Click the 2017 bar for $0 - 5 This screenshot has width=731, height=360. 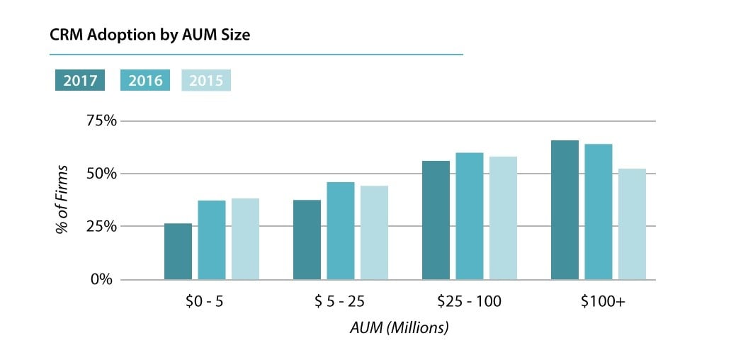click(178, 252)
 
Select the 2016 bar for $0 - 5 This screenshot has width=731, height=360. click(212, 240)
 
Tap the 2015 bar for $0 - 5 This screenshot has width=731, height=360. click(245, 239)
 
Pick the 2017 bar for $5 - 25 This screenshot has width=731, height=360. click(307, 240)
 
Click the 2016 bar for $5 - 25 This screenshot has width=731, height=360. click(341, 231)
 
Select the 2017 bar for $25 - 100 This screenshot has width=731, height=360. click(436, 220)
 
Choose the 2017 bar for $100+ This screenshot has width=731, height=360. click(565, 210)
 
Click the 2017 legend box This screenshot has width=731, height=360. click(80, 81)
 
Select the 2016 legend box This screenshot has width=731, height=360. click(145, 81)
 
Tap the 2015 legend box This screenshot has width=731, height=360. click(206, 81)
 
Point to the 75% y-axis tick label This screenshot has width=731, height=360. click(99, 120)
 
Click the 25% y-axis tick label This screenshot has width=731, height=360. click(99, 226)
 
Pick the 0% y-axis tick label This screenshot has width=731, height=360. click(103, 279)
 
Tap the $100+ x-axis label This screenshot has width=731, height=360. click(603, 302)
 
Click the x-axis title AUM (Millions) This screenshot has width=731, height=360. click(399, 328)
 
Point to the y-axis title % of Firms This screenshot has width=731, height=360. click(62, 201)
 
